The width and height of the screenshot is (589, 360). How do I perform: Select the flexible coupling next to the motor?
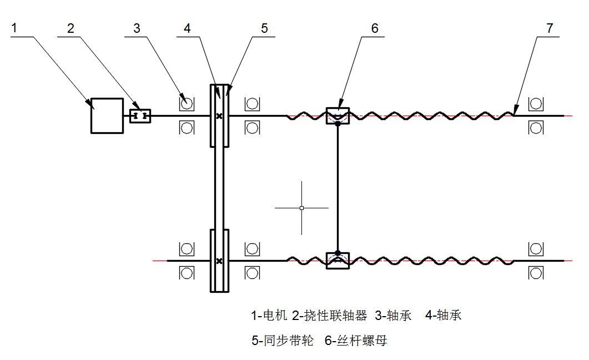pyautogui.click(x=140, y=116)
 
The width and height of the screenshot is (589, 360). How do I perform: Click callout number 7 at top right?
pyautogui.click(x=550, y=28)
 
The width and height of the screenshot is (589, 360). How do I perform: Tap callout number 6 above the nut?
pyautogui.click(x=375, y=28)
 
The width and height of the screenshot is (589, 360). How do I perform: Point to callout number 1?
pyautogui.click(x=14, y=28)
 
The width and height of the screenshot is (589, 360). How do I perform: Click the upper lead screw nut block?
pyautogui.click(x=338, y=116)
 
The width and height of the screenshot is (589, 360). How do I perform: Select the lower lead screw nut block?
pyautogui.click(x=338, y=261)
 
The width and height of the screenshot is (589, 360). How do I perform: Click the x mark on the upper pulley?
pyautogui.click(x=219, y=116)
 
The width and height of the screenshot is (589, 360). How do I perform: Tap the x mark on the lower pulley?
pyautogui.click(x=219, y=261)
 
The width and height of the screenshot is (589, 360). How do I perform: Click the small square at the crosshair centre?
pyautogui.click(x=301, y=208)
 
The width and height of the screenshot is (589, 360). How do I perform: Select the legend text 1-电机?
pyautogui.click(x=269, y=316)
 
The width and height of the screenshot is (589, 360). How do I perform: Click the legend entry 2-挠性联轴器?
pyautogui.click(x=329, y=316)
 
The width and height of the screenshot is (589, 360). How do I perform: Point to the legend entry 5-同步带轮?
pyautogui.click(x=283, y=341)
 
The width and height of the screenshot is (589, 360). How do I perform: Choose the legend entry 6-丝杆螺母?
pyautogui.click(x=356, y=341)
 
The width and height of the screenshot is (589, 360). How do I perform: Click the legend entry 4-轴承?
pyautogui.click(x=443, y=316)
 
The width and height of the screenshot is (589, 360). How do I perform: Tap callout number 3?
pyautogui.click(x=137, y=28)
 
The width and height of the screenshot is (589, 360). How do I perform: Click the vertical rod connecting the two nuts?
pyautogui.click(x=338, y=188)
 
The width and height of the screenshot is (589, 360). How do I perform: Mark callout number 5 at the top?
pyautogui.click(x=264, y=28)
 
